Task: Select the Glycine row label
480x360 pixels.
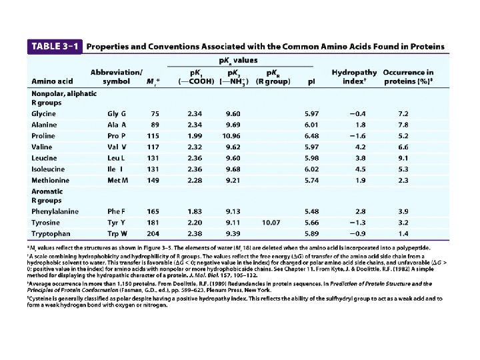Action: [x=44, y=113]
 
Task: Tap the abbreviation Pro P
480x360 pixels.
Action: [x=117, y=135]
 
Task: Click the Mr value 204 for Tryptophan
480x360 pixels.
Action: [x=153, y=233]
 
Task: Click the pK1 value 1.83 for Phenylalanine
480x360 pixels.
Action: [x=195, y=211]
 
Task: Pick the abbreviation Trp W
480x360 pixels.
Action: [x=117, y=233]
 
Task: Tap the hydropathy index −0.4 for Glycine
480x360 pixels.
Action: [x=357, y=113]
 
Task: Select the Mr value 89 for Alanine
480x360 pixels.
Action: [x=155, y=124]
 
